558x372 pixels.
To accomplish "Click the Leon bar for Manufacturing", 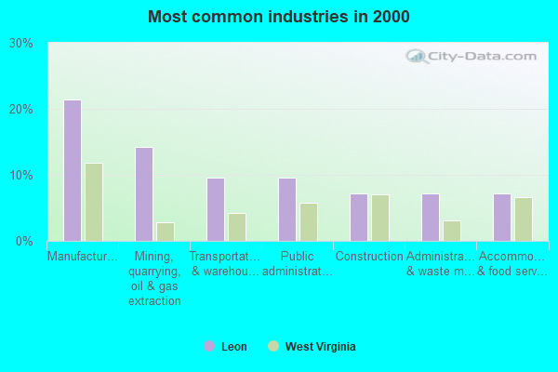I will [x=72, y=170].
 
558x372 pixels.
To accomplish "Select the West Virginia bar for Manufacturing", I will [x=94, y=202].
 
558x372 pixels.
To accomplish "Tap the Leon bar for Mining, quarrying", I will [x=144, y=194].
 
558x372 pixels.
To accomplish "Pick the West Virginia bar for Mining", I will [x=166, y=232].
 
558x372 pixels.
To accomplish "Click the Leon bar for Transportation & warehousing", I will [x=216, y=209].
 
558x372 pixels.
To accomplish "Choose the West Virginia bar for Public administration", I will [x=309, y=222].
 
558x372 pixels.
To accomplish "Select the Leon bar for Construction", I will [x=359, y=218].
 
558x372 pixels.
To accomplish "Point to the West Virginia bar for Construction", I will [x=380, y=218].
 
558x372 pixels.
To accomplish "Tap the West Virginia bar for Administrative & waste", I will [x=452, y=231].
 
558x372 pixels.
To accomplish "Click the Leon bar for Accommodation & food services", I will [x=502, y=218].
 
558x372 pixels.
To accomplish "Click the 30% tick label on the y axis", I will [x=21, y=43].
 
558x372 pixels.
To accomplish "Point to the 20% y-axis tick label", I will [x=21, y=109].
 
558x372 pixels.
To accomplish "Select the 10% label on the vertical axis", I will [x=21, y=175].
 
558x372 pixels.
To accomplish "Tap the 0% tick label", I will [x=24, y=241].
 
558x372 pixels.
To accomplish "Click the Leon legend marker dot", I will [x=209, y=347].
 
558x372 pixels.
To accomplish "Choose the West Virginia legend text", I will [x=320, y=347].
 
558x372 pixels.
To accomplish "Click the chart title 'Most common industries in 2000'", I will [x=279, y=17].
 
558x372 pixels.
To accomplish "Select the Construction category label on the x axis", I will [x=369, y=257].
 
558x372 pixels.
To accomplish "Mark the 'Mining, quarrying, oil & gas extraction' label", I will [x=154, y=278].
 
